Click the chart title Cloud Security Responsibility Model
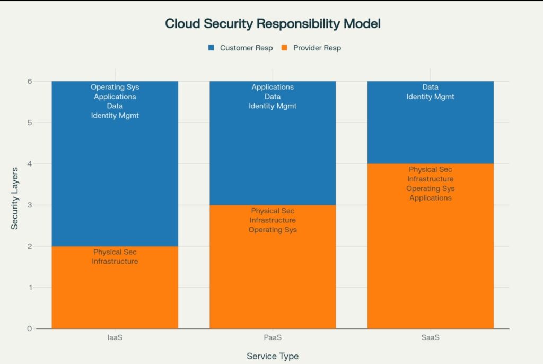273,24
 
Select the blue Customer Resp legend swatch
211,48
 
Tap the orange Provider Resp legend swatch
284,48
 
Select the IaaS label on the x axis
115,338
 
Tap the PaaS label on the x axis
273,338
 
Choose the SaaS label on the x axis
430,338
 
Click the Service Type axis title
272,356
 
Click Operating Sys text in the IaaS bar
115,87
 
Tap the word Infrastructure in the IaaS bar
115,261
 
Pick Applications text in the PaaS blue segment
273,87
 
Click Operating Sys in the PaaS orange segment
273,230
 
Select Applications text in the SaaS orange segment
430,198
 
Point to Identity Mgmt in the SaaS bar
430,97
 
